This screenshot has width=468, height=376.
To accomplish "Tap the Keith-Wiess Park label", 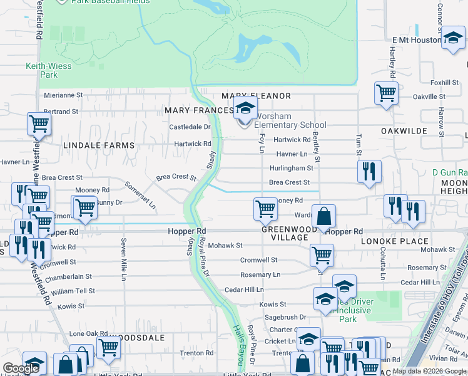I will pyautogui.click(x=41, y=70).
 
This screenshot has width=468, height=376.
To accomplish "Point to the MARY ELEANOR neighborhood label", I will pyautogui.click(x=257, y=96).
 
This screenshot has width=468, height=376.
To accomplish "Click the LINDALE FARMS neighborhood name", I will pyautogui.click(x=99, y=145).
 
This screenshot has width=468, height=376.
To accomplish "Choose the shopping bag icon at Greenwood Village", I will pyautogui.click(x=323, y=217).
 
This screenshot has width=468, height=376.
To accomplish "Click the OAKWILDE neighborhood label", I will pyautogui.click(x=404, y=131).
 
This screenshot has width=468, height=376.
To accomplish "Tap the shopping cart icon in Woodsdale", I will pyautogui.click(x=108, y=347).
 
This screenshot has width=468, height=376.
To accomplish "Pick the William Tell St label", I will pyautogui.click(x=73, y=291).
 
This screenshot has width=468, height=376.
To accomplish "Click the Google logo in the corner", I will pyautogui.click(x=21, y=369).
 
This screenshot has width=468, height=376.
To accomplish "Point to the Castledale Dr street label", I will pyautogui.click(x=190, y=127).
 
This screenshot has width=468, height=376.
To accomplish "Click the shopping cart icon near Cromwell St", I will pyautogui.click(x=322, y=255).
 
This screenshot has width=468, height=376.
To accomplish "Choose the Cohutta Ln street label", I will pyautogui.click(x=381, y=263).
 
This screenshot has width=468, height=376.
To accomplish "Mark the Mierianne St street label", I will pyautogui.click(x=63, y=95).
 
